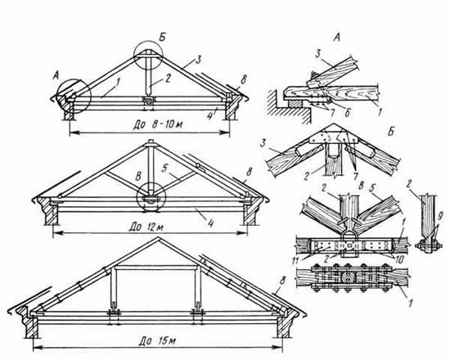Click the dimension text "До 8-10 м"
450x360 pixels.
158,124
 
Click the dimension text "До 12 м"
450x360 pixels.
146,227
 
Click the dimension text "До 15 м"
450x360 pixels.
157,341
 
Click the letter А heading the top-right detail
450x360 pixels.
336,38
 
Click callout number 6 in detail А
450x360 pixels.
347,112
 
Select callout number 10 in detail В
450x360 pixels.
399,259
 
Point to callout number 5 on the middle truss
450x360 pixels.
164,169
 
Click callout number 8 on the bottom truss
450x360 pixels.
282,281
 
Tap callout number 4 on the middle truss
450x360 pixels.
211,223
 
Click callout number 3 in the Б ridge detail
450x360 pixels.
263,143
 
